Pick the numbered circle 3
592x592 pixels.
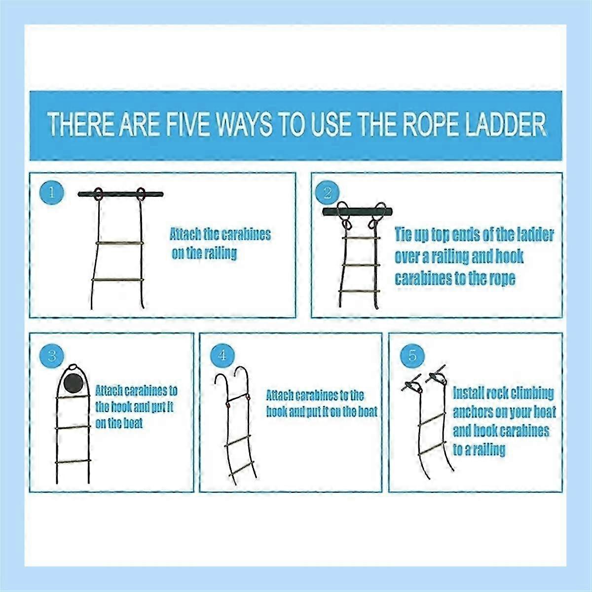(x=52, y=355)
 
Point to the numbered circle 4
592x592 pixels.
(x=222, y=355)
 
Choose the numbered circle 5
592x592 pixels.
(x=412, y=355)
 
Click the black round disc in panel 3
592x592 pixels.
(x=74, y=383)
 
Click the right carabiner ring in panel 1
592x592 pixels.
(x=141, y=193)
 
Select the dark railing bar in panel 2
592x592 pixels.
(x=358, y=212)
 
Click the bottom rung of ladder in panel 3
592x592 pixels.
(x=73, y=462)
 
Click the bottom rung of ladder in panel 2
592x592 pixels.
(x=359, y=292)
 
